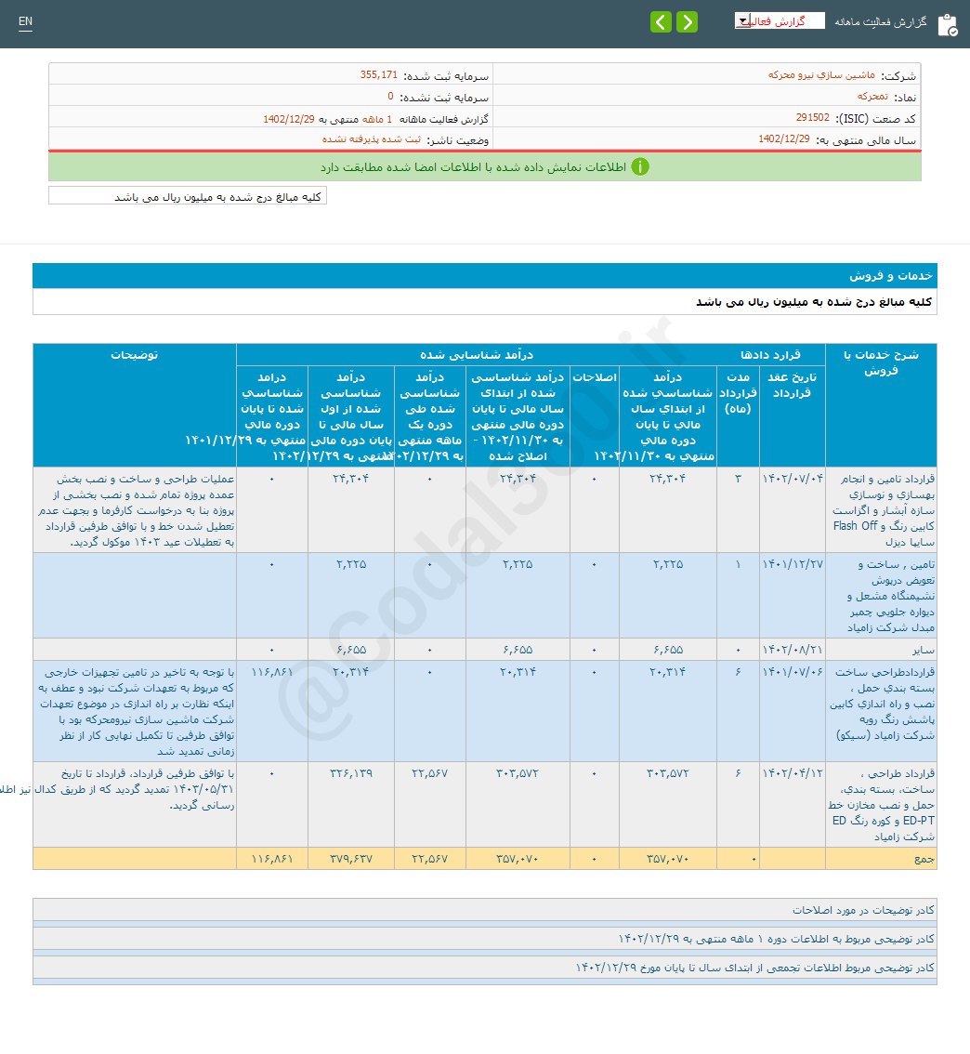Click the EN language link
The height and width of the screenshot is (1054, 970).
[25, 21]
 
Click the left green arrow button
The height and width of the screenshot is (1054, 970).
[661, 22]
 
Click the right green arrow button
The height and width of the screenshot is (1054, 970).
[688, 22]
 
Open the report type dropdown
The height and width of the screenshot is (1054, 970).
[779, 20]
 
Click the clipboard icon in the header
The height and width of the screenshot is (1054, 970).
[947, 24]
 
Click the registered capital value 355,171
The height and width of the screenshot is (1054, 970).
[378, 74]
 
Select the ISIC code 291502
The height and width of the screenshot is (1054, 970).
[813, 118]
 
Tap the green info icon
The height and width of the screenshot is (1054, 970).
[640, 167]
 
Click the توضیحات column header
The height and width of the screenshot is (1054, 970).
[135, 355]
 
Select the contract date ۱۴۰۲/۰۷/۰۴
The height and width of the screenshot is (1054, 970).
[792, 479]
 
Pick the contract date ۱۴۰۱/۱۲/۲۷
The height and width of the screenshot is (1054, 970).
[792, 564]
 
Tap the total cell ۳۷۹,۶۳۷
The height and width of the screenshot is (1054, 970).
[350, 859]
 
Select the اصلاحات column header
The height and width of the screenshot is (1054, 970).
[595, 376]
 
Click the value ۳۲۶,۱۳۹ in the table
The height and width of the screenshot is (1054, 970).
[350, 773]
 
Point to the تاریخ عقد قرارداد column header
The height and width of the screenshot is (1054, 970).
[792, 384]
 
